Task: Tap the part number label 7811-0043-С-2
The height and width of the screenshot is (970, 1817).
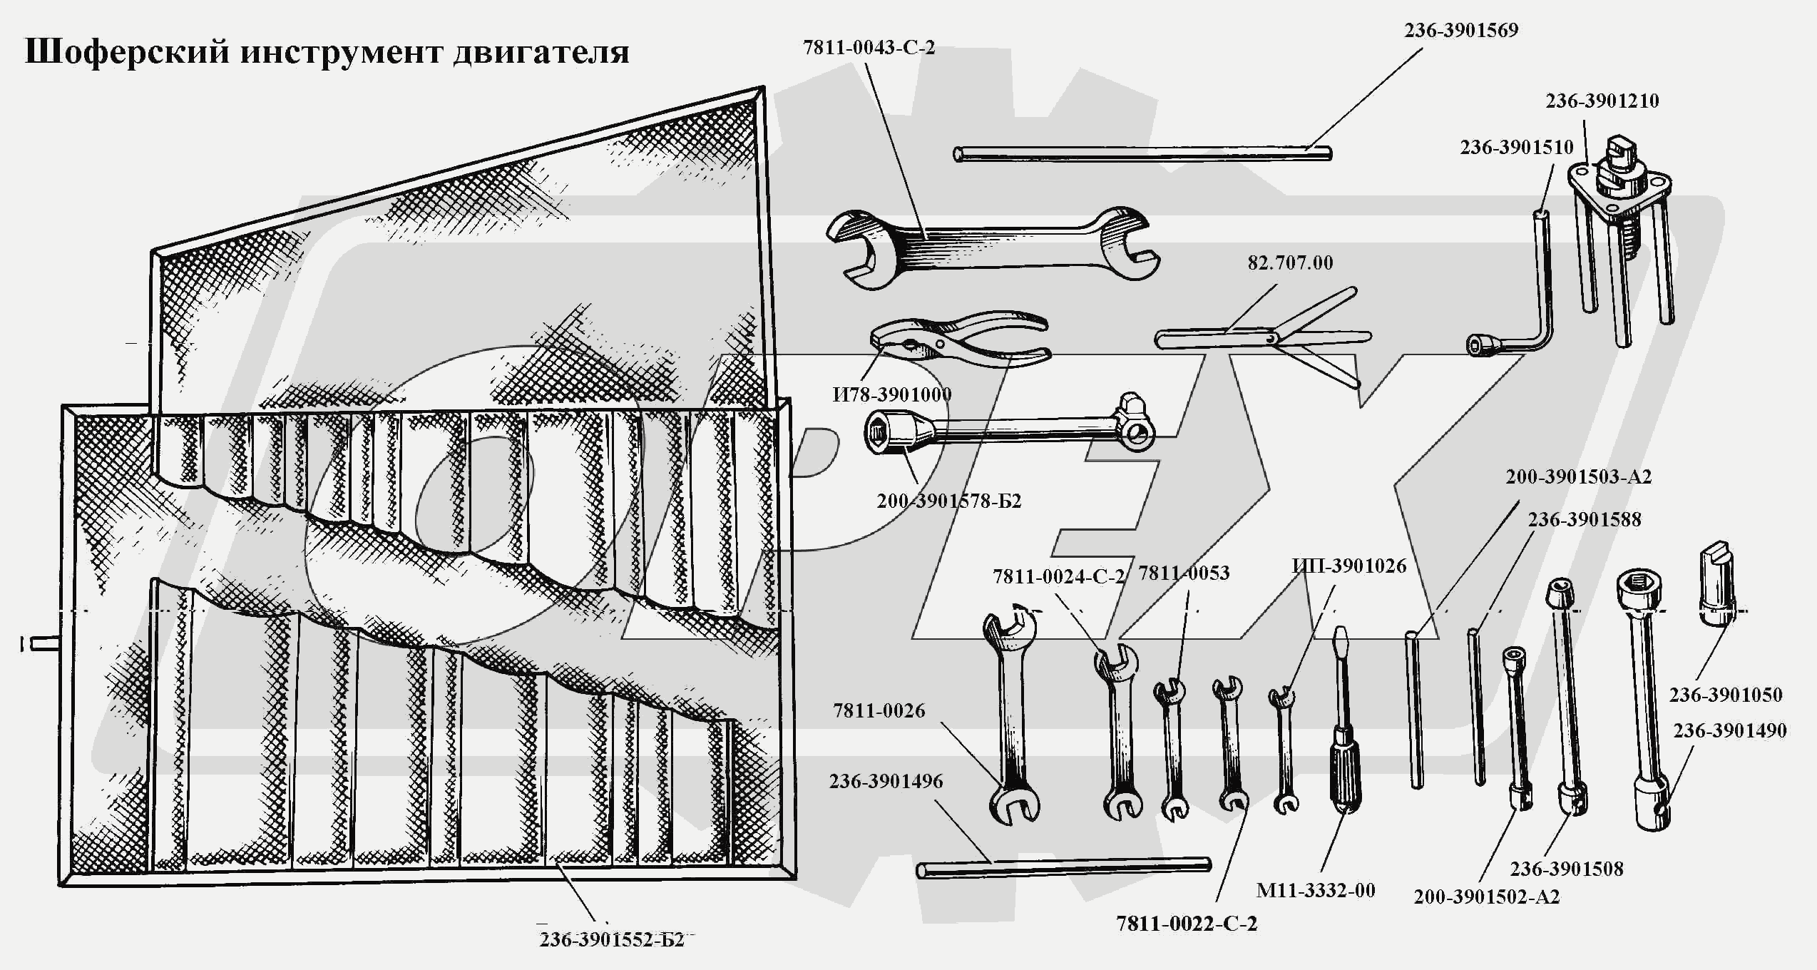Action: click(869, 48)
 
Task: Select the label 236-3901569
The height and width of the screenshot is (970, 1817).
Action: click(1461, 31)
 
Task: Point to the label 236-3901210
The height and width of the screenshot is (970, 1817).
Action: click(1602, 101)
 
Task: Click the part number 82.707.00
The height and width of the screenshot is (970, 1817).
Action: click(1290, 263)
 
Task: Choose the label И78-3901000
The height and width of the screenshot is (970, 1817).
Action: click(891, 394)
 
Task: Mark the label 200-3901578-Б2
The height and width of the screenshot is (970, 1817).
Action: click(948, 501)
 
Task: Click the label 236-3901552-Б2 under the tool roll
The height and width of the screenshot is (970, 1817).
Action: click(611, 940)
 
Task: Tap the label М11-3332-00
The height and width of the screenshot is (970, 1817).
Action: click(1315, 890)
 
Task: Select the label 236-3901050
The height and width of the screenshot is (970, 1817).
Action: click(1725, 695)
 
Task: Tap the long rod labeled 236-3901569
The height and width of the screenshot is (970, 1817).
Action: click(1141, 153)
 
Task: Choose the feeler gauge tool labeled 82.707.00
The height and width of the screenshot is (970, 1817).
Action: click(1262, 335)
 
